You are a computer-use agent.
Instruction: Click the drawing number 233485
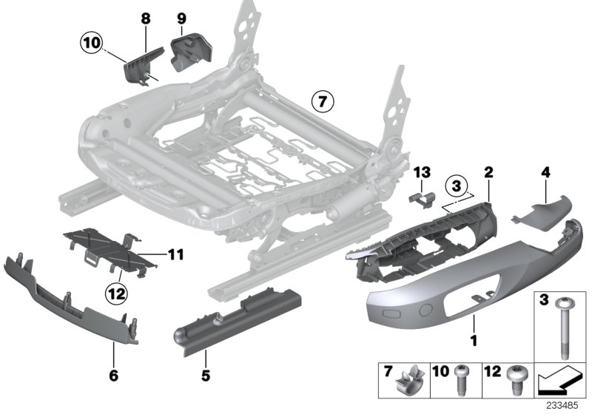pos(565,405)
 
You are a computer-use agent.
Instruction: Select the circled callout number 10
pos(91,44)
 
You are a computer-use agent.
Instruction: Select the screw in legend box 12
pos(514,382)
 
